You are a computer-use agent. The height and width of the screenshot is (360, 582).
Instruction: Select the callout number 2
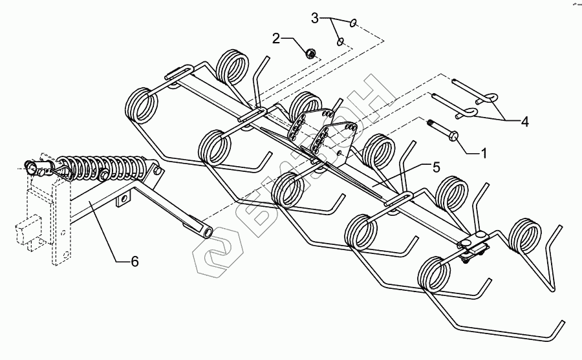[277, 39]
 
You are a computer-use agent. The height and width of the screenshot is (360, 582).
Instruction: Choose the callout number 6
[135, 261]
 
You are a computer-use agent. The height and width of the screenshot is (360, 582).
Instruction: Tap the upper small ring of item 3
[353, 24]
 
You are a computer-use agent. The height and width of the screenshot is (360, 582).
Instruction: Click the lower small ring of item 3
[339, 43]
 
